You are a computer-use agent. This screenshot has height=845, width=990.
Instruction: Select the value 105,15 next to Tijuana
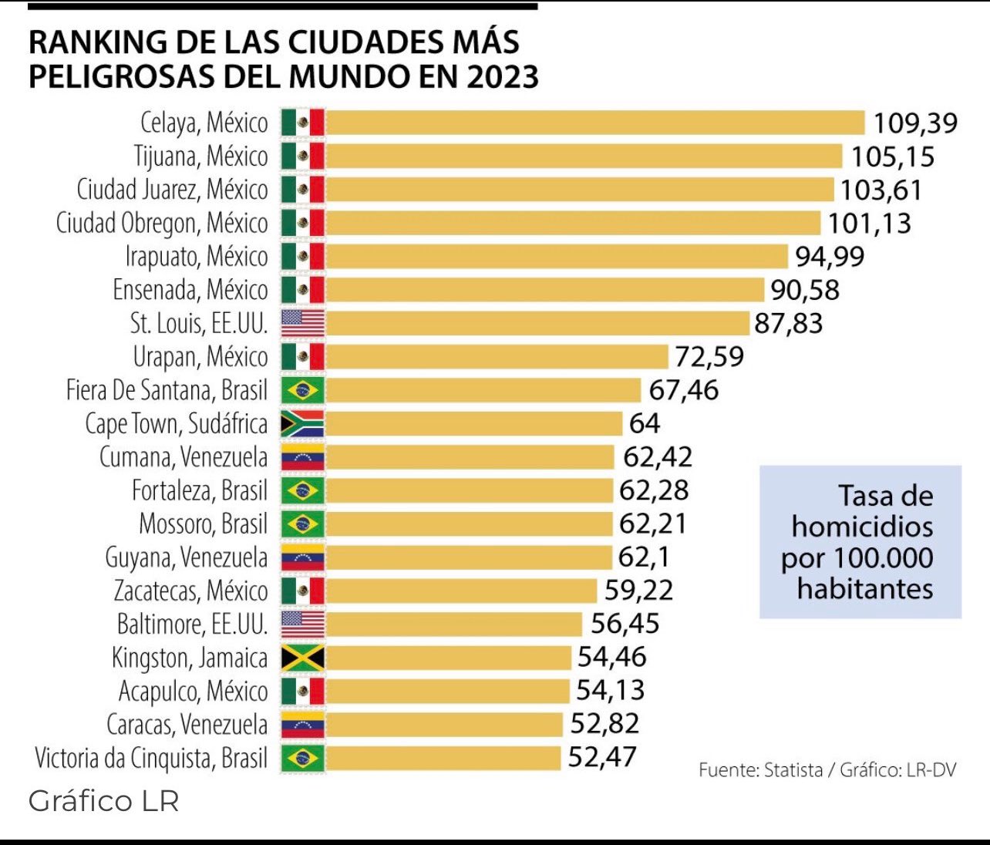click(892, 157)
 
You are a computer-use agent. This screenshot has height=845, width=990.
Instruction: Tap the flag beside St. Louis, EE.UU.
click(302, 323)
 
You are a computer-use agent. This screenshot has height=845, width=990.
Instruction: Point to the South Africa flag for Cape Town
click(302, 424)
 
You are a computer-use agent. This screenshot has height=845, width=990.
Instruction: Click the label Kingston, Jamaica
click(190, 658)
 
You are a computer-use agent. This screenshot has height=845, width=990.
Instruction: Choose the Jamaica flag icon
click(302, 658)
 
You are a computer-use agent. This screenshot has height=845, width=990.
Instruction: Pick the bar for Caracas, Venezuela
click(444, 725)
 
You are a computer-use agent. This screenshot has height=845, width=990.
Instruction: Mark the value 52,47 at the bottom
click(602, 757)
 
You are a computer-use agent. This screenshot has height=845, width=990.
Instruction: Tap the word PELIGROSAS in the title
click(122, 77)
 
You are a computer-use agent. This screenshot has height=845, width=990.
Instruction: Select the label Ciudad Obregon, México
click(162, 223)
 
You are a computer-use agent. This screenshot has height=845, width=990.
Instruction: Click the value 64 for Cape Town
click(645, 423)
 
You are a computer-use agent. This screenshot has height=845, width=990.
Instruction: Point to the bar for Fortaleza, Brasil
click(470, 490)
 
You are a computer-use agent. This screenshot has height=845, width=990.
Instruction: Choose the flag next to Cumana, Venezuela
click(302, 457)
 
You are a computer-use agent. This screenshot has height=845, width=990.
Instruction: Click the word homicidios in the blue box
click(862, 527)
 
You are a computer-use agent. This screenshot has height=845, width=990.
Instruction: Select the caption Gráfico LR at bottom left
click(103, 801)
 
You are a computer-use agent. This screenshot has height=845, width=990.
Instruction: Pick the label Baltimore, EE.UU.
click(192, 624)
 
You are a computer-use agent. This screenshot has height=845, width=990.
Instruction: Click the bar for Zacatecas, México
click(461, 591)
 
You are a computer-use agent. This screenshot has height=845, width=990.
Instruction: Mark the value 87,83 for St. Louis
click(788, 323)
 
